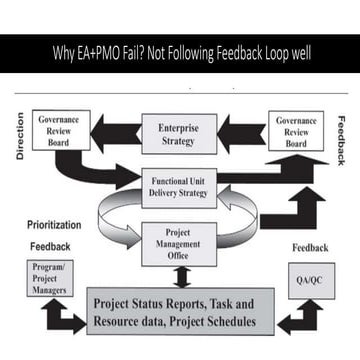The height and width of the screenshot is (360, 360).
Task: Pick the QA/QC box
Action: point(310,281)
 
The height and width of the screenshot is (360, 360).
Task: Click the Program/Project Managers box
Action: point(49,279)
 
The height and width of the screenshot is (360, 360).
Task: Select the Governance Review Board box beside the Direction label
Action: point(60,130)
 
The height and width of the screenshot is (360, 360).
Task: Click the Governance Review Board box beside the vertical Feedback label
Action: point(296,131)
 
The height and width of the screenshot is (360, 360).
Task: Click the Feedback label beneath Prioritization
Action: point(50,246)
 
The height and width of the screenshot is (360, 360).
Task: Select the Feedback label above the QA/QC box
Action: point(310,247)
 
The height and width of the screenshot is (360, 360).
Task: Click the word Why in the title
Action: point(63,52)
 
